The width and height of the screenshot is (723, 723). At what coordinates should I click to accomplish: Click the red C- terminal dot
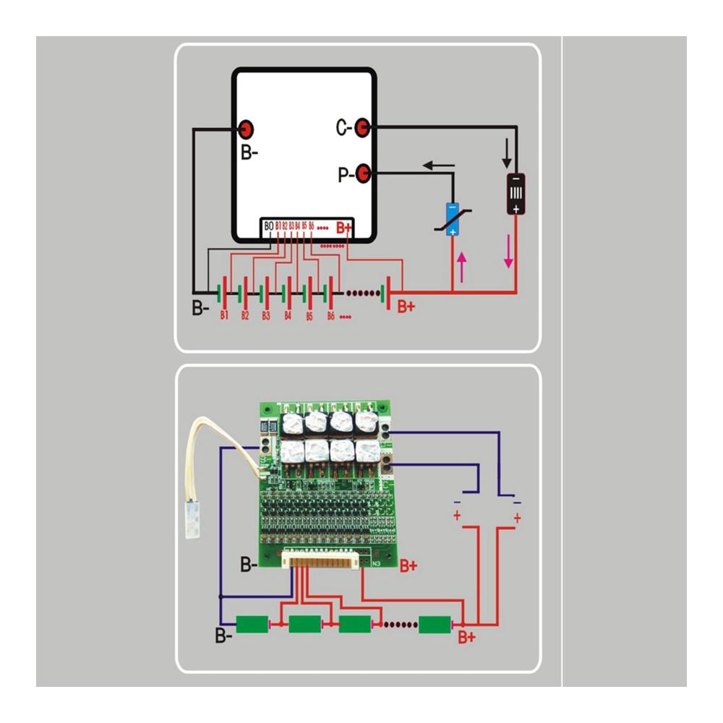[364, 128]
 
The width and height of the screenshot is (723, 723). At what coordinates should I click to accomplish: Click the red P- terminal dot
[364, 174]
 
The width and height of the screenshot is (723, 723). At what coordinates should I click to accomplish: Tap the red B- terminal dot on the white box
[246, 129]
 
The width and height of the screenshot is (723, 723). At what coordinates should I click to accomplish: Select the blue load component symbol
[451, 219]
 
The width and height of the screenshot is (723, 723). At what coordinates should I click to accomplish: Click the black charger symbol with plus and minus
[515, 194]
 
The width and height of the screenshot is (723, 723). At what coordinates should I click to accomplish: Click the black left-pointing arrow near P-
[438, 165]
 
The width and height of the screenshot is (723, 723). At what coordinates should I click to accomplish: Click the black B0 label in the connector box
[268, 226]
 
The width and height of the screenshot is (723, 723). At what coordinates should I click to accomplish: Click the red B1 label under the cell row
[225, 316]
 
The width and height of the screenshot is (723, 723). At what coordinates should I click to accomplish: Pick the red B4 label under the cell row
[287, 316]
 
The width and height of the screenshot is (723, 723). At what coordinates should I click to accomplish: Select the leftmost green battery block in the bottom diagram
[252, 623]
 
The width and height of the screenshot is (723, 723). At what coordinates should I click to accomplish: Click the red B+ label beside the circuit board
[408, 565]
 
